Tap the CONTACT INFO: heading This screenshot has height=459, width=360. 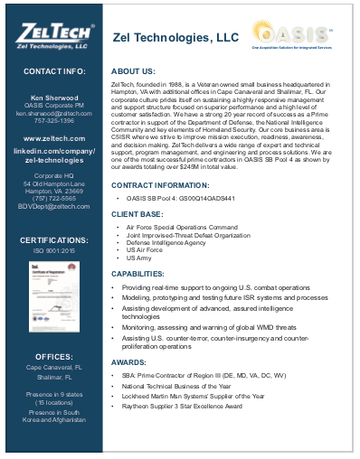[54, 70]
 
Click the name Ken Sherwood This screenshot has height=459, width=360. [54, 95]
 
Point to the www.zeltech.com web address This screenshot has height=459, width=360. [54, 138]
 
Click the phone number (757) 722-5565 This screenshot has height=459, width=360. [54, 198]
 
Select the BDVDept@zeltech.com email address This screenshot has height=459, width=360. [54, 206]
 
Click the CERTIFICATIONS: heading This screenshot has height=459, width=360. [54, 240]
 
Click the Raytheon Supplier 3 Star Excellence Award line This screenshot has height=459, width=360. [184, 407]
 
